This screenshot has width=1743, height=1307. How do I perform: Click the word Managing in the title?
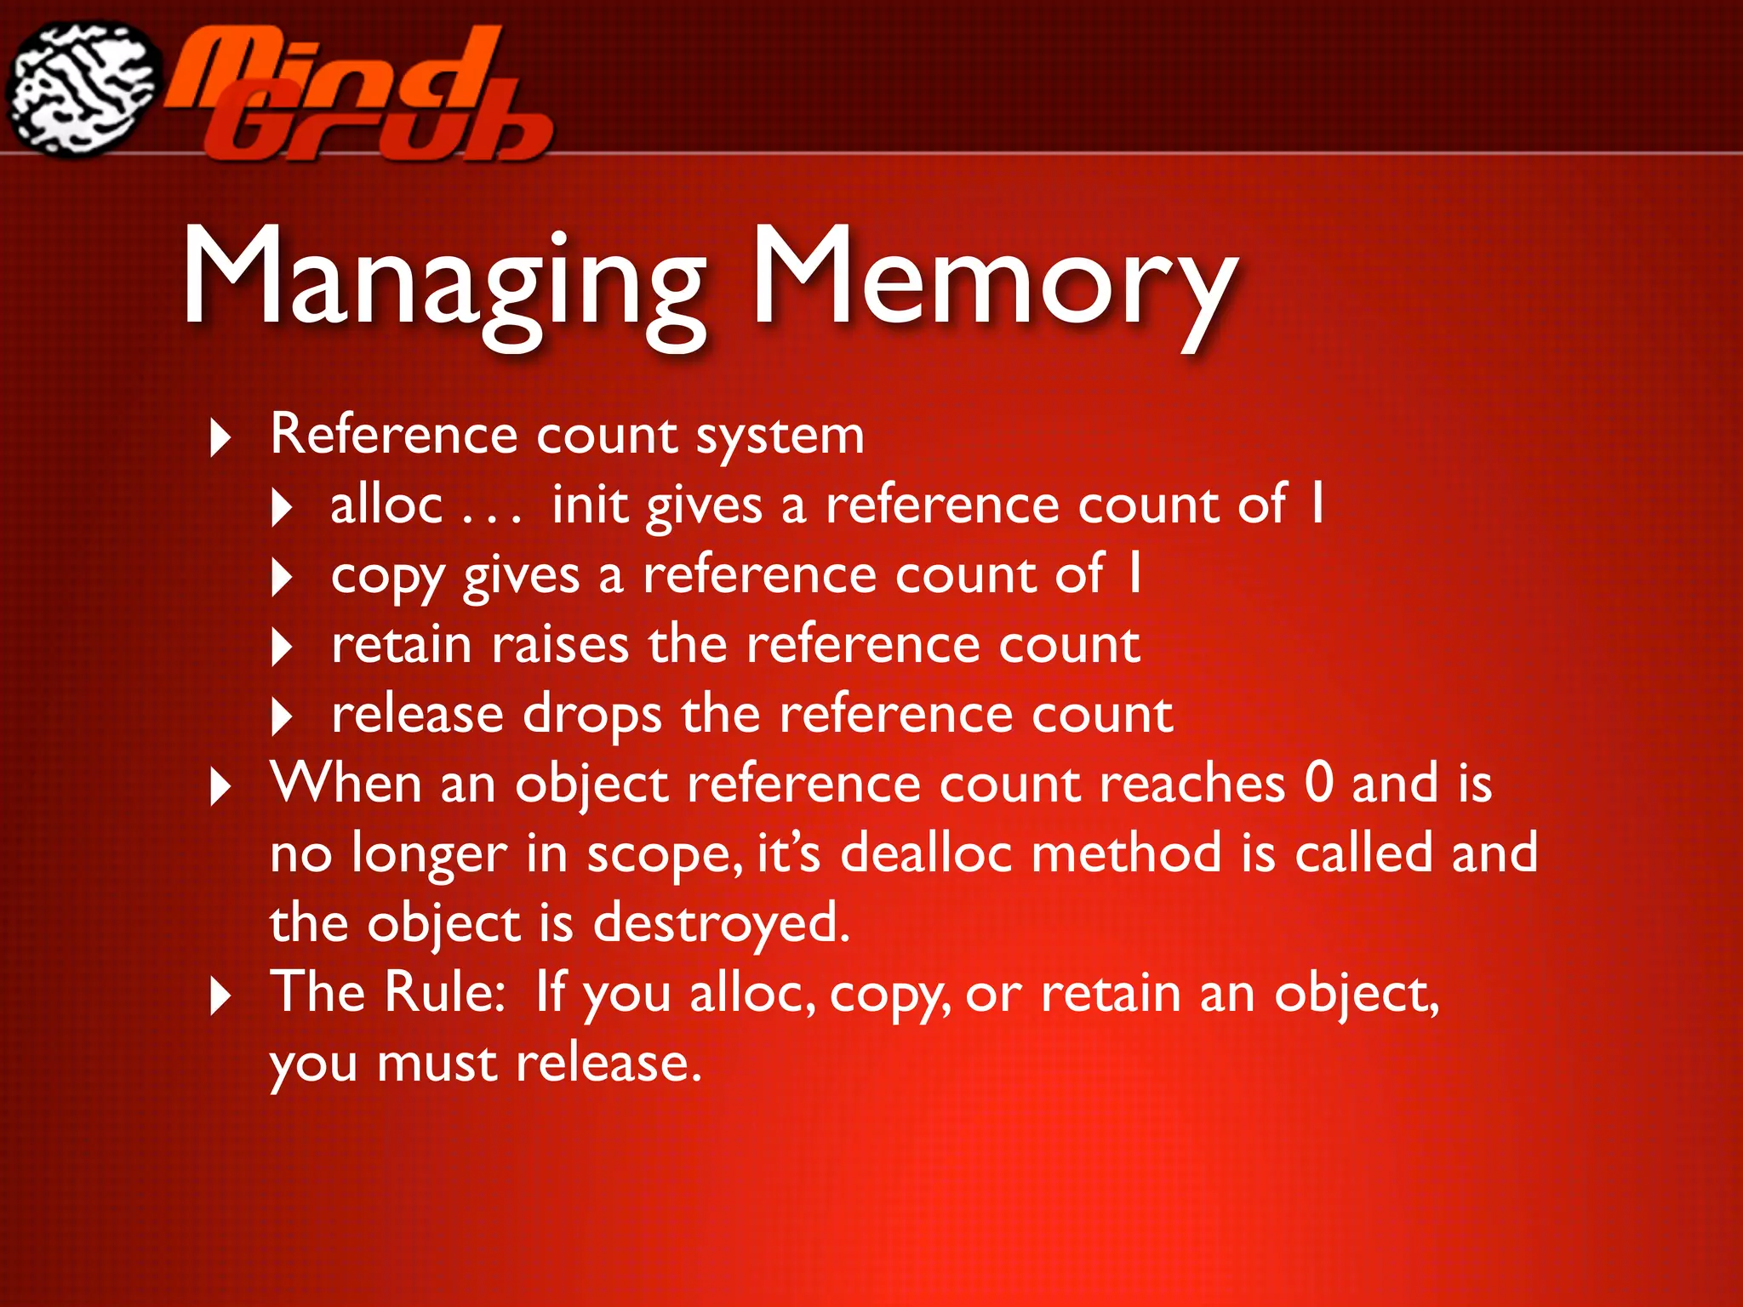pyautogui.click(x=443, y=281)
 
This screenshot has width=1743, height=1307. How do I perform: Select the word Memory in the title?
pyautogui.click(x=992, y=281)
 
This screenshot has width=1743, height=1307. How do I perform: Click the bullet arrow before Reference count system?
pyautogui.click(x=220, y=438)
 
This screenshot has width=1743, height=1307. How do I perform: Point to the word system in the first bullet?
pyautogui.click(x=780, y=436)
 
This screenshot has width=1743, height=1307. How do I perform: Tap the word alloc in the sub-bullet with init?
pyautogui.click(x=386, y=505)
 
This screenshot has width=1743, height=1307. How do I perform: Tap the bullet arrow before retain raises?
pyautogui.click(x=281, y=648)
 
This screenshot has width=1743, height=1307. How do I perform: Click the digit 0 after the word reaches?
pyautogui.click(x=1318, y=783)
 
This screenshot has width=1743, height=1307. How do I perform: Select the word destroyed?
pyautogui.click(x=720, y=924)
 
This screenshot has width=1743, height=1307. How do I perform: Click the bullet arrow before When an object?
pyautogui.click(x=220, y=787)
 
